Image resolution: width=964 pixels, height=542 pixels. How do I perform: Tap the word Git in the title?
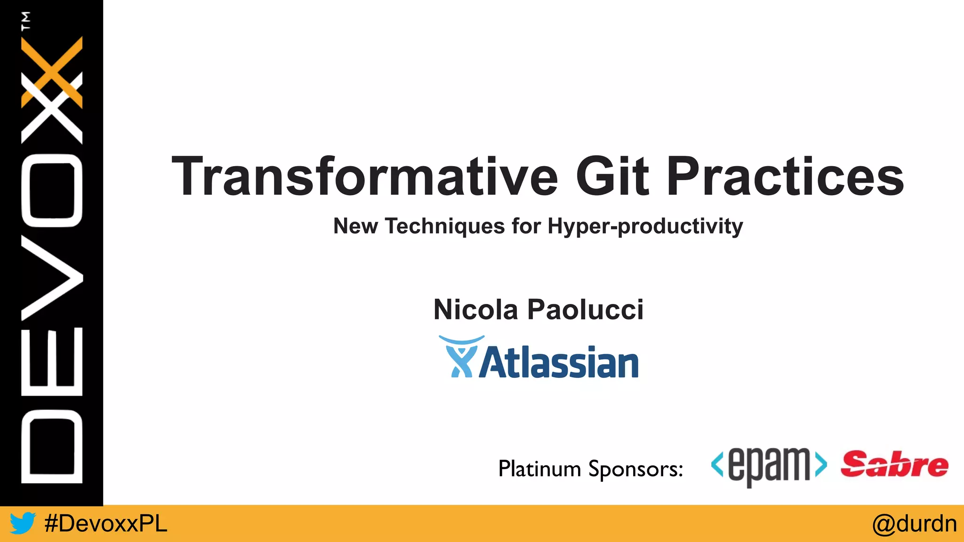coord(612,176)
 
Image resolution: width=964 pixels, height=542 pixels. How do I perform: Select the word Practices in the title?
coord(785,176)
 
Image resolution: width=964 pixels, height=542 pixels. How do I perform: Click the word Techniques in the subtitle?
coord(445,226)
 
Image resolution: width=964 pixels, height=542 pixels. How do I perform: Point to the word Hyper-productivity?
coord(645,226)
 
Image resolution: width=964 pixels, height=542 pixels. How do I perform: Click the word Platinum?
coord(539,469)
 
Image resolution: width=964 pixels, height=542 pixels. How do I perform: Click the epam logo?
coord(769,466)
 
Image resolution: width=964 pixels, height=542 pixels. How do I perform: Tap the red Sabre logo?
coord(894,464)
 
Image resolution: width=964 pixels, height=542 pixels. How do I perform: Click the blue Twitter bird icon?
coord(23,523)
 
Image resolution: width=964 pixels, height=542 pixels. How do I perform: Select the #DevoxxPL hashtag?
coord(105,524)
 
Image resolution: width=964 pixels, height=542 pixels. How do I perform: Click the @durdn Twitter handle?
coord(914,524)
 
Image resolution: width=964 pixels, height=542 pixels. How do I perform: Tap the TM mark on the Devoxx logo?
coord(26,21)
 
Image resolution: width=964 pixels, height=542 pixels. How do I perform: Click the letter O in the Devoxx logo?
coord(52,191)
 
